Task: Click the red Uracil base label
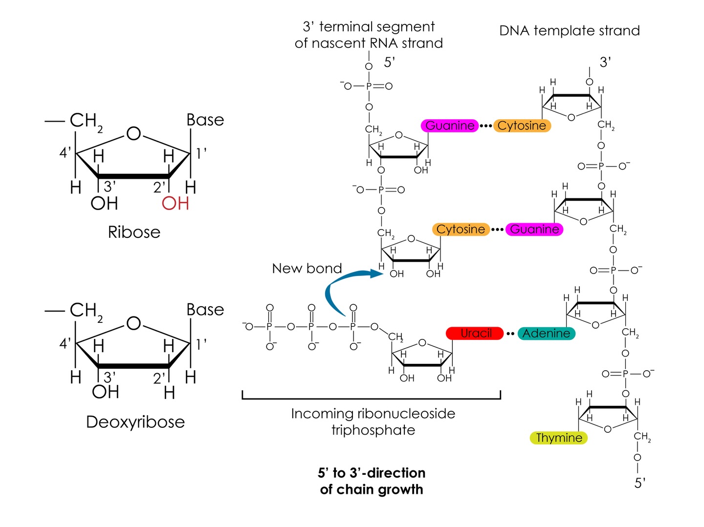coord(474,333)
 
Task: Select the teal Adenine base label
coord(546,333)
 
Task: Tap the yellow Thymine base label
coord(558,438)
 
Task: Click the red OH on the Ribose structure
coord(175,204)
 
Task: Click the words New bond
coord(307,269)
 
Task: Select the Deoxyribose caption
coord(135,422)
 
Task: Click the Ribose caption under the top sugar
coord(134,232)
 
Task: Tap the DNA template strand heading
coord(569,31)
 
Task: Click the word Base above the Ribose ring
coord(205,120)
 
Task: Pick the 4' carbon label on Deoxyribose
coord(65,343)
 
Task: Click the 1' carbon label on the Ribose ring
coord(201,153)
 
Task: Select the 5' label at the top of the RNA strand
coord(389,62)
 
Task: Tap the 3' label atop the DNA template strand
coord(605,62)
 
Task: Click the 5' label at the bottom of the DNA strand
coord(640,483)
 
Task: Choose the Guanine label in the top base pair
coord(450,126)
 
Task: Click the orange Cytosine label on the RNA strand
coord(461,230)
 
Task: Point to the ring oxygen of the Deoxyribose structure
coord(133,323)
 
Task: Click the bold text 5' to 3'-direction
coord(372,473)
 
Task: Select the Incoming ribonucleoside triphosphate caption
coord(373,422)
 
